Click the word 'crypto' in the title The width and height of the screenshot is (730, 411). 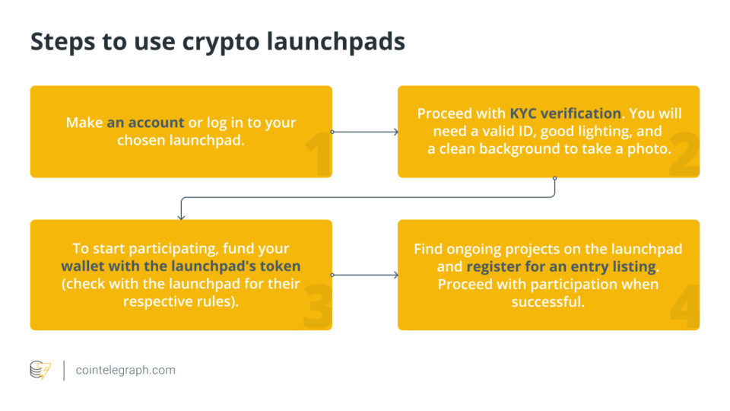tap(221, 43)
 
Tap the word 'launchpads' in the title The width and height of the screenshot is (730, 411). tap(335, 41)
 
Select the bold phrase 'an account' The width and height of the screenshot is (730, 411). tap(145, 123)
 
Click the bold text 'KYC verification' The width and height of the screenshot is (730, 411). tap(565, 113)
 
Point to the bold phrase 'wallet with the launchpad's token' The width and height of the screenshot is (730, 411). tap(181, 266)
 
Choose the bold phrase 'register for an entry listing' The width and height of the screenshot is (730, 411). tap(561, 267)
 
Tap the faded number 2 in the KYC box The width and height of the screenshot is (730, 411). tap(684, 155)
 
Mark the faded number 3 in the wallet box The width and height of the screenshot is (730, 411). tap(318, 307)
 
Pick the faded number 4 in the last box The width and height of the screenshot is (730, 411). tap(685, 307)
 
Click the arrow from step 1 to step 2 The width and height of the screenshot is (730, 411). tap(364, 132)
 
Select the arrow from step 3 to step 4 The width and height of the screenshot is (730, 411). tap(364, 275)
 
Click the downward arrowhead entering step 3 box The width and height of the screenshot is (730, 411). tap(181, 217)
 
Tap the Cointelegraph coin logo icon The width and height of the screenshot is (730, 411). tap(40, 370)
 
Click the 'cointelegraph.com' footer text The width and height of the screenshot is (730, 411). tap(125, 371)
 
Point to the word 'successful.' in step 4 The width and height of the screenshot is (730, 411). tap(548, 302)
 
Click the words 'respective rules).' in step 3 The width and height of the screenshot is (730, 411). tap(181, 301)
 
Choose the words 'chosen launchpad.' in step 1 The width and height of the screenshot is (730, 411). tap(181, 140)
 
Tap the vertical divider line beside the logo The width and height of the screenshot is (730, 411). tap(64, 371)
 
